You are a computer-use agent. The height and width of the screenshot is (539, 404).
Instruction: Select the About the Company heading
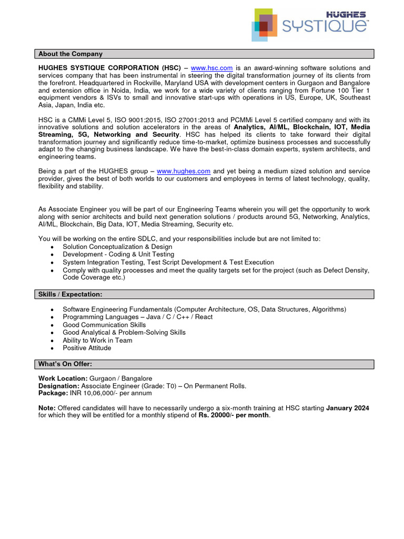(x=70, y=54)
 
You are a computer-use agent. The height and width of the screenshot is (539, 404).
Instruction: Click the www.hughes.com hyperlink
(x=184, y=171)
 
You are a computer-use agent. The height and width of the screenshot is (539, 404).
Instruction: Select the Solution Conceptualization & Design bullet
(x=117, y=247)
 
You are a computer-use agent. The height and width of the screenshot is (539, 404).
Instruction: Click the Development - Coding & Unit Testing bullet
(x=118, y=254)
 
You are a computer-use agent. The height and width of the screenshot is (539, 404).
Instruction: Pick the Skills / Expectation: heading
(x=70, y=294)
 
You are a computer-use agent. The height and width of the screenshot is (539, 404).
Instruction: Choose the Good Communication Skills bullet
(x=104, y=325)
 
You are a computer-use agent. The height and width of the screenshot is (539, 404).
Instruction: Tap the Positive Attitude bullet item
(x=87, y=348)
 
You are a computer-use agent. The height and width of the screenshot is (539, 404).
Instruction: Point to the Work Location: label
(x=63, y=378)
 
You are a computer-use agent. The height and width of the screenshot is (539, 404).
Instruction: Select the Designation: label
(x=59, y=386)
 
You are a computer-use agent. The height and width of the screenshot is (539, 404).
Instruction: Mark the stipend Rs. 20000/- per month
(x=233, y=415)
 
